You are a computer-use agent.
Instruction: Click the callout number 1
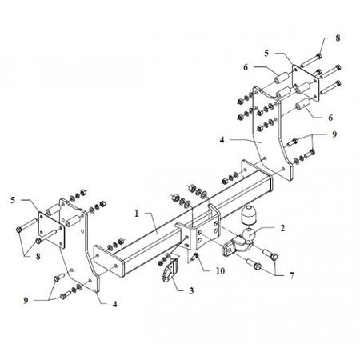[x=137, y=214]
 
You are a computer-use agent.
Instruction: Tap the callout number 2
[x=282, y=228]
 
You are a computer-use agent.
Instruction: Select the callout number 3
[x=191, y=290]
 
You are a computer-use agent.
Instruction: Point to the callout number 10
[x=220, y=271]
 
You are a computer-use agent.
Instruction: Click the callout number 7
[x=292, y=275]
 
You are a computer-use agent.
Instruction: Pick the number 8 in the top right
[x=338, y=38]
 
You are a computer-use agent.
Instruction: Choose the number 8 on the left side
[x=38, y=257]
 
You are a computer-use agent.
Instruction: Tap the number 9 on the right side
[x=334, y=134]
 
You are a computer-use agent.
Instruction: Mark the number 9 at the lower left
[x=26, y=301]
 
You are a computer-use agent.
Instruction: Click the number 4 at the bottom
[x=114, y=304]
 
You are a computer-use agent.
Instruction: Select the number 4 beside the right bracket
[x=222, y=140]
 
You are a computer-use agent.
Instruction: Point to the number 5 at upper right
[x=266, y=53]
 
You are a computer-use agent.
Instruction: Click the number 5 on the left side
[x=13, y=200]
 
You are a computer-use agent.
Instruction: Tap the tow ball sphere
[x=249, y=235]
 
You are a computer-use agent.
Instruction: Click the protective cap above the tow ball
[x=249, y=215]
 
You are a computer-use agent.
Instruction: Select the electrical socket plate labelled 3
[x=169, y=271]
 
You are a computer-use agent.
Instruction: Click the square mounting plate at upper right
[x=306, y=83]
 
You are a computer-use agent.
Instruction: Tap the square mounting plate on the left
[x=51, y=230]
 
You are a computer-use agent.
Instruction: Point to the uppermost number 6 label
[x=246, y=67]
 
